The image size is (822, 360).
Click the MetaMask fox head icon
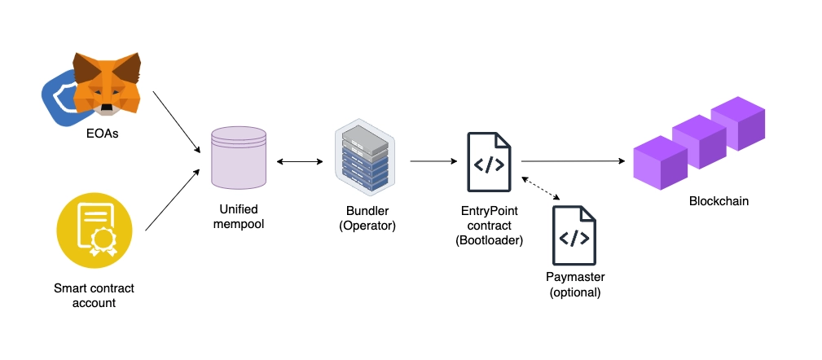[106, 83]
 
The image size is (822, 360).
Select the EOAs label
[102, 134]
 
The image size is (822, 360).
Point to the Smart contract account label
[94, 296]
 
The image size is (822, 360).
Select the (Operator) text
[367, 225]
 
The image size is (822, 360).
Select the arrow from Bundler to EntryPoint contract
[433, 161]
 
